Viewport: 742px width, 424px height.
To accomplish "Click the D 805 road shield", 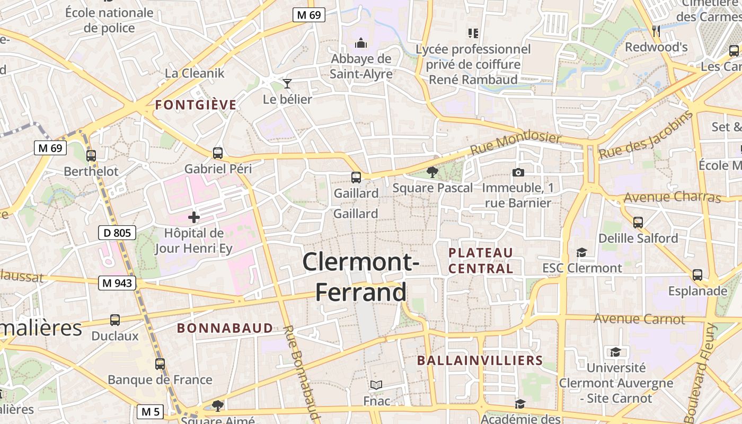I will (x=117, y=232).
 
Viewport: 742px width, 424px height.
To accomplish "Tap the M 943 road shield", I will (x=117, y=284).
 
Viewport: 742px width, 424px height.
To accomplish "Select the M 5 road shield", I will (x=151, y=411).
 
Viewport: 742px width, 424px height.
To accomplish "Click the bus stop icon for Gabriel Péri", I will (x=218, y=153).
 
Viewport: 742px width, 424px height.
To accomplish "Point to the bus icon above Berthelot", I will (x=91, y=156).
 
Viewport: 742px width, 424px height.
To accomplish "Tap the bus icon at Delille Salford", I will (x=638, y=222).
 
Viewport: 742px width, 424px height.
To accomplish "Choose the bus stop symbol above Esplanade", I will (x=697, y=275).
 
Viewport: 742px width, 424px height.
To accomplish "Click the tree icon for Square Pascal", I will (x=432, y=172).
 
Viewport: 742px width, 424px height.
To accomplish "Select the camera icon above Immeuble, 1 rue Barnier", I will (x=518, y=172).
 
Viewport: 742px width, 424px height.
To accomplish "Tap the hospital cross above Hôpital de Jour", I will (x=194, y=217).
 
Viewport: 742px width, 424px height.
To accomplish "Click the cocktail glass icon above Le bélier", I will (x=287, y=84).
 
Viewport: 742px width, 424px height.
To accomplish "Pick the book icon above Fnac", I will (x=376, y=385).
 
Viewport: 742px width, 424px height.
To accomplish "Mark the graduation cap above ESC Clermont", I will (x=582, y=252).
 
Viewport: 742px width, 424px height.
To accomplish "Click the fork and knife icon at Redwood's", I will (x=657, y=31).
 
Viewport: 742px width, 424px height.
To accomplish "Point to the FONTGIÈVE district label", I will (x=196, y=105).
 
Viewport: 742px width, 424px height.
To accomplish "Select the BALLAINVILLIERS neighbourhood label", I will (x=480, y=361).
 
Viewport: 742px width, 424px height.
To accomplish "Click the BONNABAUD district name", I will (x=225, y=328).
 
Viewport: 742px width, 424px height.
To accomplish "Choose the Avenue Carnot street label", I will (x=639, y=319).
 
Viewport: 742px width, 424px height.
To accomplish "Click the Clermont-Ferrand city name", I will (x=361, y=277).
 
